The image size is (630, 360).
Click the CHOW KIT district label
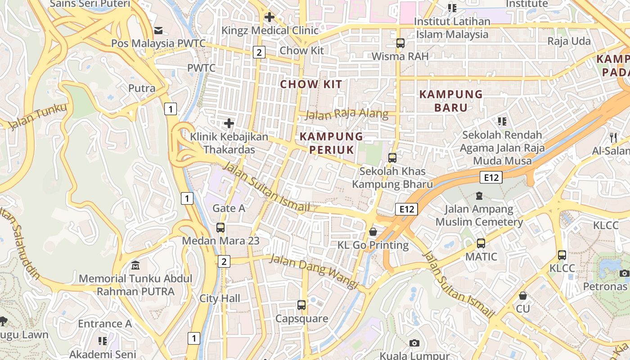(311, 84)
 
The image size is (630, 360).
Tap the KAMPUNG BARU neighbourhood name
(450, 101)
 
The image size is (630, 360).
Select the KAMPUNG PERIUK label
(331, 143)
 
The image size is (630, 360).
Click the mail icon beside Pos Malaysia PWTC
(158, 31)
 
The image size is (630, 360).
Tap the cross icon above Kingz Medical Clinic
(270, 18)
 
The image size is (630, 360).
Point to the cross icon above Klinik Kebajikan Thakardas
(229, 123)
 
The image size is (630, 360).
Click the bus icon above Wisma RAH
(400, 43)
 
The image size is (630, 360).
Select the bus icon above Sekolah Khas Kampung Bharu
(392, 158)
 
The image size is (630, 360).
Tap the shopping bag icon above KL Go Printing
(373, 232)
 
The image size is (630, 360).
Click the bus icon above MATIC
(481, 243)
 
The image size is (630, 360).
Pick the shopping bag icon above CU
(523, 296)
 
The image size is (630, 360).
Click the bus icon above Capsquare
(301, 305)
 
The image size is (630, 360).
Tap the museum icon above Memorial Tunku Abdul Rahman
(135, 265)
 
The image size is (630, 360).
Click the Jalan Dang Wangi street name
(313, 272)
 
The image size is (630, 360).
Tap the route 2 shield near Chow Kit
(258, 52)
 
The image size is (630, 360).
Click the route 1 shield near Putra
(170, 108)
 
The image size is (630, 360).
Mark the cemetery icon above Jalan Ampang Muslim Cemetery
(479, 196)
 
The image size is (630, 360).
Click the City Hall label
(220, 298)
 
